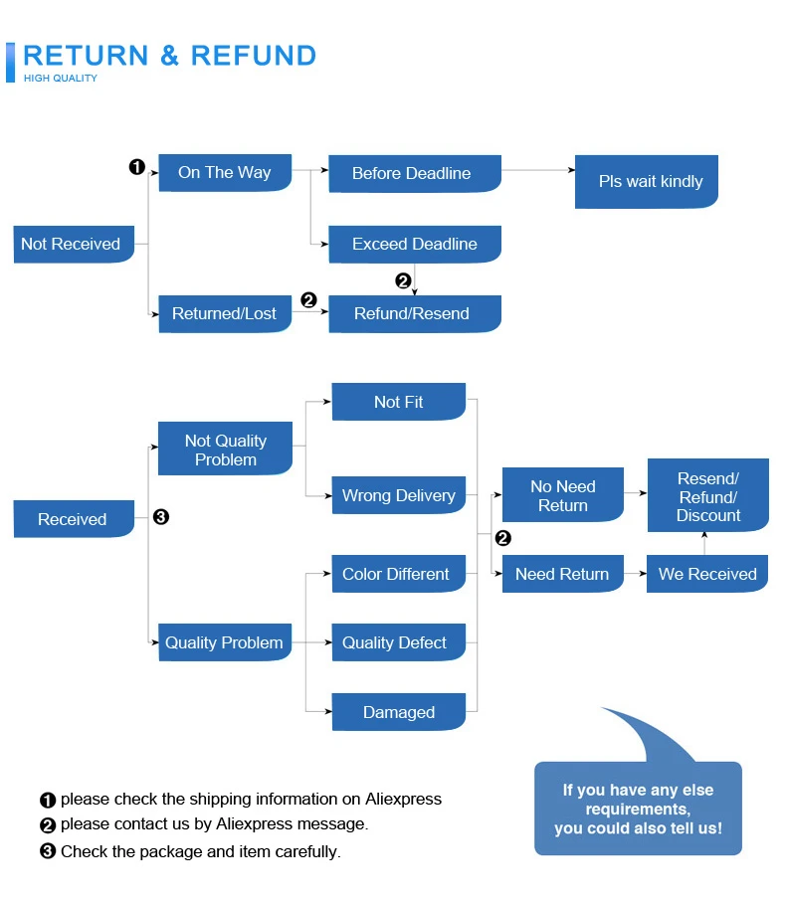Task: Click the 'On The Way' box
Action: pyautogui.click(x=225, y=172)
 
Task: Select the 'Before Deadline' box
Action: pyautogui.click(x=415, y=173)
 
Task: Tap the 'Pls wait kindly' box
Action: pyautogui.click(x=647, y=181)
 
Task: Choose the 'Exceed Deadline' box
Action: pyautogui.click(x=415, y=244)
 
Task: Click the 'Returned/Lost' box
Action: pyautogui.click(x=225, y=313)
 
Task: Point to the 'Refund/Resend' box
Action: pyautogui.click(x=415, y=313)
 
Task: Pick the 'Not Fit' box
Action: pyautogui.click(x=399, y=401)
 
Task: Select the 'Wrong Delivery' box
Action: pyautogui.click(x=399, y=494)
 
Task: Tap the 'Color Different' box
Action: pyautogui.click(x=399, y=574)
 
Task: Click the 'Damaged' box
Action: pyautogui.click(x=399, y=712)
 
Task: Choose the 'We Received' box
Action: pyautogui.click(x=707, y=574)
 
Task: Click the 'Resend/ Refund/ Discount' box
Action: pyautogui.click(x=708, y=495)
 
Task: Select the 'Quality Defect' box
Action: pyautogui.click(x=399, y=642)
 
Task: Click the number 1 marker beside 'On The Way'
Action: pyautogui.click(x=136, y=167)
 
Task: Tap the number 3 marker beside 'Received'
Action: pyautogui.click(x=161, y=516)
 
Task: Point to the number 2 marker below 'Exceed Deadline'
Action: pyautogui.click(x=403, y=280)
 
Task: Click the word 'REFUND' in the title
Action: pyautogui.click(x=253, y=56)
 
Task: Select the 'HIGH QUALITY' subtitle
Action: pyautogui.click(x=61, y=79)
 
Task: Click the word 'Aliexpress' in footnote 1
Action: pyautogui.click(x=403, y=799)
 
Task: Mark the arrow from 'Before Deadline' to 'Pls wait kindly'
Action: pyautogui.click(x=538, y=170)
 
